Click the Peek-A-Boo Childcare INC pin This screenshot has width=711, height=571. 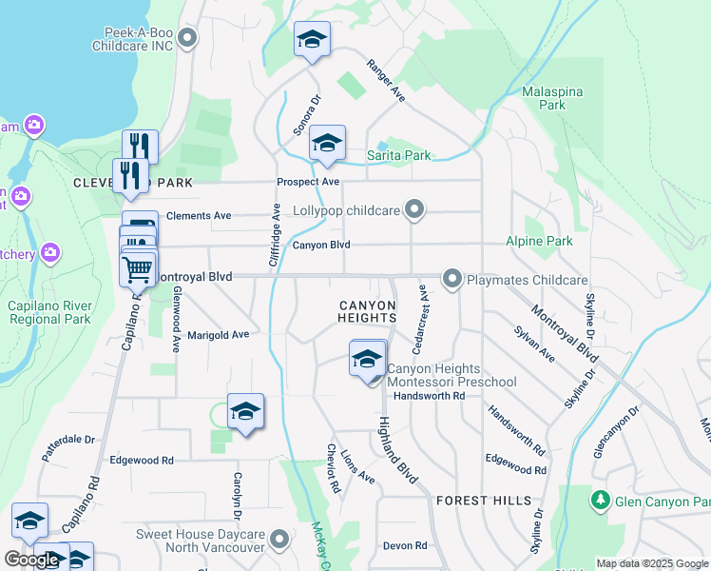(187, 38)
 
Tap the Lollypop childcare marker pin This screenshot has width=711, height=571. (413, 208)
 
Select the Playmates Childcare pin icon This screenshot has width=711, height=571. (452, 279)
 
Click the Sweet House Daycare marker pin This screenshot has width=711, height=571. (279, 541)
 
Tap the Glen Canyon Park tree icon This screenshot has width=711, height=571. (600, 500)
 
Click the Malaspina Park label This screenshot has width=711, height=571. (552, 100)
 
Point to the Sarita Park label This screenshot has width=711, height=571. (399, 155)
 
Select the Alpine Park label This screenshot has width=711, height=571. (539, 242)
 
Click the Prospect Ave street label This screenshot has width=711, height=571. (308, 182)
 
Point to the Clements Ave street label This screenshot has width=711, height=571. (199, 216)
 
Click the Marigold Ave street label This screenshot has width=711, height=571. (218, 334)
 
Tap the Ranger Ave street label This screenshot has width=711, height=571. (386, 84)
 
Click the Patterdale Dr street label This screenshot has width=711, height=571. (69, 447)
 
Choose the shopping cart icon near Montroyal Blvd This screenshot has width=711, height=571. (138, 268)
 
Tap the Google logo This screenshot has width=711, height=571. (31, 560)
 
